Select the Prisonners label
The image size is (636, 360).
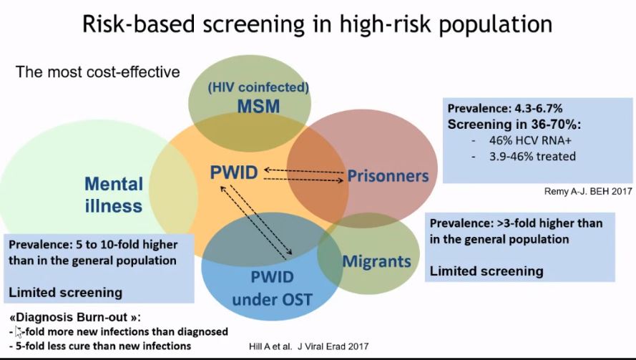point(387,175)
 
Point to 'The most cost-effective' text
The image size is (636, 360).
point(98,72)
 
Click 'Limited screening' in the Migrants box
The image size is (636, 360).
point(486,271)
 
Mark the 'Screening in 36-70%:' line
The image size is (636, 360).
point(504,125)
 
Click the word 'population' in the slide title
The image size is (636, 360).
point(494,24)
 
